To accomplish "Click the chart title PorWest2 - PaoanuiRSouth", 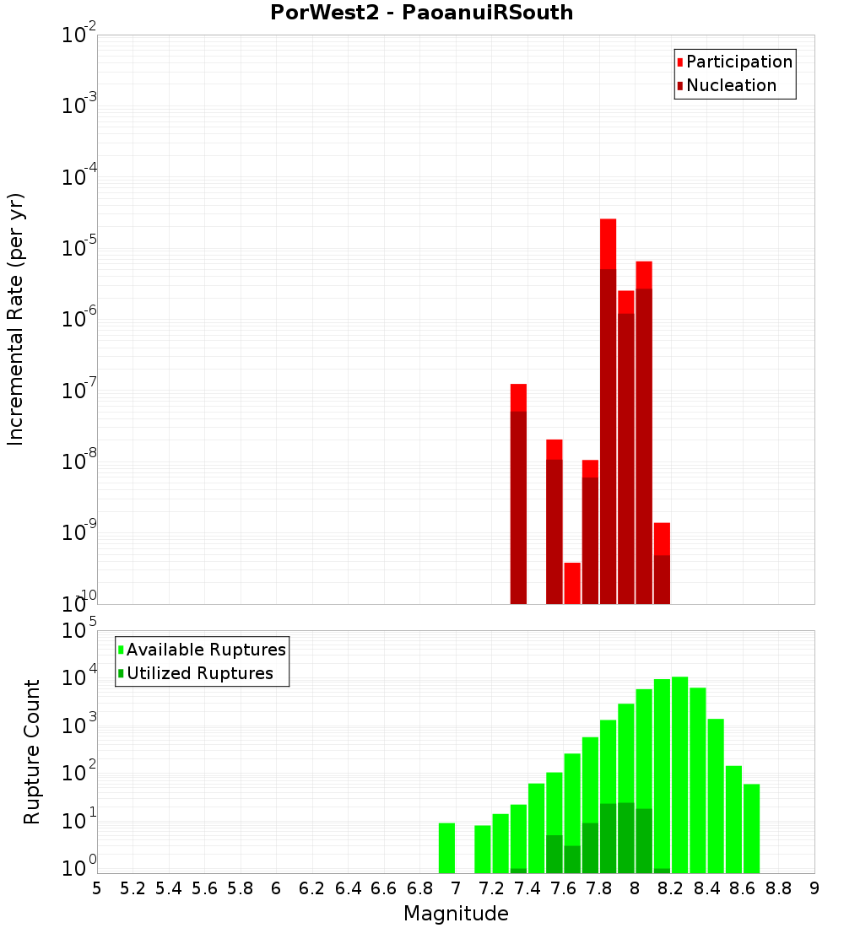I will (x=421, y=13).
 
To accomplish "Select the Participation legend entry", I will (x=738, y=62).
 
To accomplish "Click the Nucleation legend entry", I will (x=730, y=85).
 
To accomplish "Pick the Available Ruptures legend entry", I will (x=205, y=650).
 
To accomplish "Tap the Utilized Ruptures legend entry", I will (x=199, y=673).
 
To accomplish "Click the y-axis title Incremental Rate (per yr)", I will (x=16, y=319).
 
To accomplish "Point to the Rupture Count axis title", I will (x=32, y=752).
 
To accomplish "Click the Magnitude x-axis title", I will (x=456, y=914).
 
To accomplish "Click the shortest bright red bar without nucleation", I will (x=572, y=583).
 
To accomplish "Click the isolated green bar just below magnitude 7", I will (x=446, y=848).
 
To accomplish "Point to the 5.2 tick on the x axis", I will (x=133, y=888).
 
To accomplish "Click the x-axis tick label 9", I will (x=814, y=888).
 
